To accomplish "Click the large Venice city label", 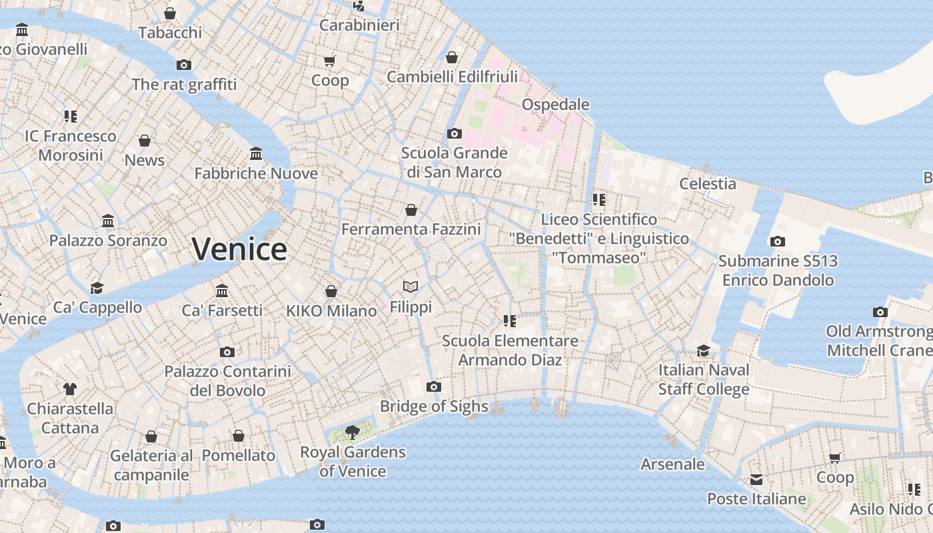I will tap(239, 249).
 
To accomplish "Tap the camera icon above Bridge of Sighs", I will tap(434, 386).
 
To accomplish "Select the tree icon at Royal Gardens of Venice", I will tap(353, 432).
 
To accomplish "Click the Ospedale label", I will tap(555, 105).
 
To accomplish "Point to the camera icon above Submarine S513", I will tap(777, 241).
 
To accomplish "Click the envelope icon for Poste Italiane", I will tap(756, 480).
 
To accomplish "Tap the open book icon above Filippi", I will tap(411, 287).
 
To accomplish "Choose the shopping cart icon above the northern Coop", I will tap(329, 61).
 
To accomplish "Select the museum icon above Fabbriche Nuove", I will tap(256, 154).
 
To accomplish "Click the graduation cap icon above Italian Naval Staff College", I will tap(703, 350).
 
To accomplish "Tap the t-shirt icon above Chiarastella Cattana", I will tap(70, 389).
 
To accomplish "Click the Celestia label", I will tap(707, 184).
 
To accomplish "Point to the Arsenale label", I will tap(672, 464).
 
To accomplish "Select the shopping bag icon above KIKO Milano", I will tap(331, 291).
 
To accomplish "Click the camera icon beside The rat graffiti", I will tap(184, 65).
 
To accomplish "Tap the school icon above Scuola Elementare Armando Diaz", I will tap(510, 321).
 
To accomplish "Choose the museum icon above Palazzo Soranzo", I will tap(108, 221).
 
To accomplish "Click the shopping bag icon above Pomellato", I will tap(239, 436).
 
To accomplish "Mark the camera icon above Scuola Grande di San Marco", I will tap(455, 133).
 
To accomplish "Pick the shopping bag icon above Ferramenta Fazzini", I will tap(411, 210).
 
